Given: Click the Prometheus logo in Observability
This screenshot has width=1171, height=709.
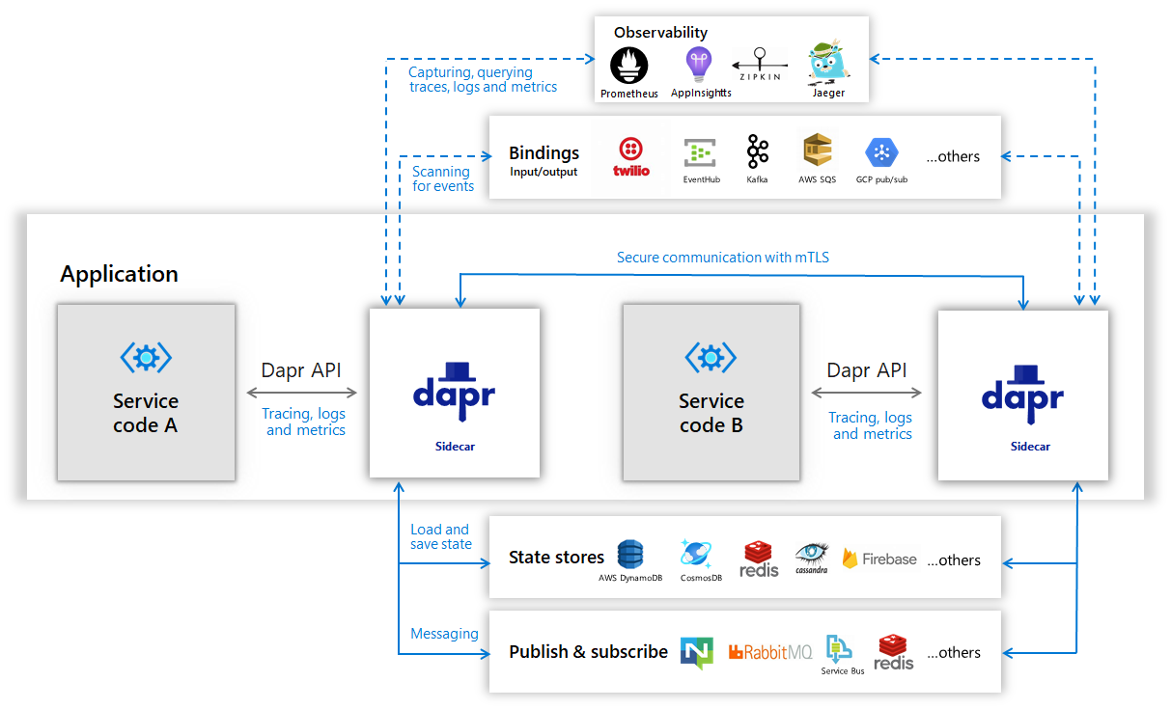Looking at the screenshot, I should click(x=629, y=67).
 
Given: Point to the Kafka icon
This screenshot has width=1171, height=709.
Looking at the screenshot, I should click(x=758, y=151).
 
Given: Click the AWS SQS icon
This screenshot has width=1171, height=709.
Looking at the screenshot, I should click(x=817, y=151).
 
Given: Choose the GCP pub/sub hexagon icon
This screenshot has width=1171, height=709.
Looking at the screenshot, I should click(x=881, y=152).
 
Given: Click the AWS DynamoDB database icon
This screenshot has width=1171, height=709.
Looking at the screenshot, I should click(x=630, y=554).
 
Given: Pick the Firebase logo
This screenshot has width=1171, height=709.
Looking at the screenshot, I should click(x=879, y=559).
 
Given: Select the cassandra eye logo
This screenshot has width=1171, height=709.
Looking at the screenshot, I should click(x=812, y=554).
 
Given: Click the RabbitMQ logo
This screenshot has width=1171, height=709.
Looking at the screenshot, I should click(x=770, y=653).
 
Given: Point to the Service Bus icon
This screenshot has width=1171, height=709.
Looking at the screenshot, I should click(x=838, y=649).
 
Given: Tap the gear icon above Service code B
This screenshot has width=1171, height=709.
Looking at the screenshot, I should click(x=711, y=358).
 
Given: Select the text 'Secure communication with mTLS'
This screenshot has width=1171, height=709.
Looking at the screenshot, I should click(x=723, y=258).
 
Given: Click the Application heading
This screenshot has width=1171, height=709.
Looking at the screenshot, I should click(x=119, y=274).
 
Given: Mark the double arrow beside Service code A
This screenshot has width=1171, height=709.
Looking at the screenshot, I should click(x=302, y=393).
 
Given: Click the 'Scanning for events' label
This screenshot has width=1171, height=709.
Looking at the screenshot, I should click(x=443, y=178).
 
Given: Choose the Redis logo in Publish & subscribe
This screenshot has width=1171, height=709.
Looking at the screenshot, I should click(x=894, y=652).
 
